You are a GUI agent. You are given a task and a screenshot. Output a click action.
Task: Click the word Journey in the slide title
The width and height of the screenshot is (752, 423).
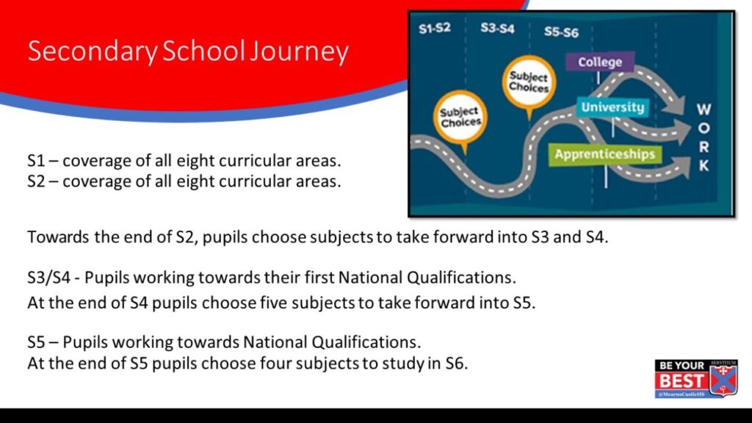tap(300, 51)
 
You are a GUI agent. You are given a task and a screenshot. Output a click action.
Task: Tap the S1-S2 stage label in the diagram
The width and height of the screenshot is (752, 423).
tap(435, 29)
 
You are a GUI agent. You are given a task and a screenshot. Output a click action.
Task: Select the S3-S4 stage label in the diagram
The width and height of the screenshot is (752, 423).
tap(497, 29)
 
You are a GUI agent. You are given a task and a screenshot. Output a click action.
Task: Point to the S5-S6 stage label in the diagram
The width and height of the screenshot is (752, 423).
tap(561, 32)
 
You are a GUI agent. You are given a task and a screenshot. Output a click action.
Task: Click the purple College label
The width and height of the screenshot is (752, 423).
tap(600, 62)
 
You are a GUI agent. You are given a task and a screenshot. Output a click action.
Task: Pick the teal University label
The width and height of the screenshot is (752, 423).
tap(612, 107)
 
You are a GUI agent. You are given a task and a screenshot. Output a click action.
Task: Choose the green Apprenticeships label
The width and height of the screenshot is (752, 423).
tap(605, 154)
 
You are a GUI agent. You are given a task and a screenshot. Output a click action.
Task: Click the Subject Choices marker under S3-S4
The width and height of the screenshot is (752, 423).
tap(529, 82)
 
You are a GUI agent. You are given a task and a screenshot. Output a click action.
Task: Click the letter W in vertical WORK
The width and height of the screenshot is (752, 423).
tap(704, 109)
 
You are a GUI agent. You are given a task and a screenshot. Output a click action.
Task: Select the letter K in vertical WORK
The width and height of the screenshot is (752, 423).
tap(704, 165)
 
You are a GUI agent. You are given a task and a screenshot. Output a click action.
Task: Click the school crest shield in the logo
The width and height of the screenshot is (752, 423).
tap(723, 379)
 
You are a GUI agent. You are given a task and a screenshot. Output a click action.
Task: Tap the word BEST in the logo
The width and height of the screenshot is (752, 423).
tap(681, 381)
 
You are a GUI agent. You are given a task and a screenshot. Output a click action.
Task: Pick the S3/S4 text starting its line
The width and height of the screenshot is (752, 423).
tap(49, 278)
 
